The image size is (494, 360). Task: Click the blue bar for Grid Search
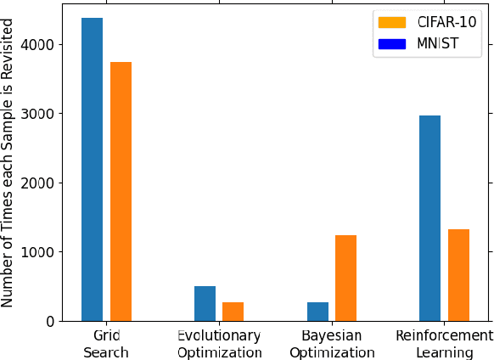pyautogui.click(x=92, y=170)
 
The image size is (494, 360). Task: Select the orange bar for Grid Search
pyautogui.click(x=121, y=191)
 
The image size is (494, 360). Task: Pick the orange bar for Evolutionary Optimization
pyautogui.click(x=233, y=312)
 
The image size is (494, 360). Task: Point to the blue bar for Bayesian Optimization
pyautogui.click(x=317, y=312)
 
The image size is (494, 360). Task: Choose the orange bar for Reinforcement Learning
pyautogui.click(x=458, y=275)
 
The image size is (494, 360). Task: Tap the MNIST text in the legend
pyautogui.click(x=437, y=43)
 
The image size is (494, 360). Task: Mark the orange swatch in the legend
pyautogui.click(x=392, y=21)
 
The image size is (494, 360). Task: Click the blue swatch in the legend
pyautogui.click(x=392, y=43)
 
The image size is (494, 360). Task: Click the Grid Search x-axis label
pyautogui.click(x=106, y=344)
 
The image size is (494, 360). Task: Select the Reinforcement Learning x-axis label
pyautogui.click(x=444, y=344)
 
